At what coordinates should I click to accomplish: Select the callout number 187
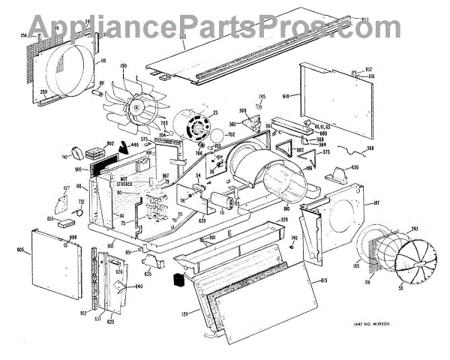coord(376,202)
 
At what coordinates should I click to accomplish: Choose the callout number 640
coord(138,286)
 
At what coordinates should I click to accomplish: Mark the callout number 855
coord(52,218)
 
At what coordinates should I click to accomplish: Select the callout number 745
coord(262,97)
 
